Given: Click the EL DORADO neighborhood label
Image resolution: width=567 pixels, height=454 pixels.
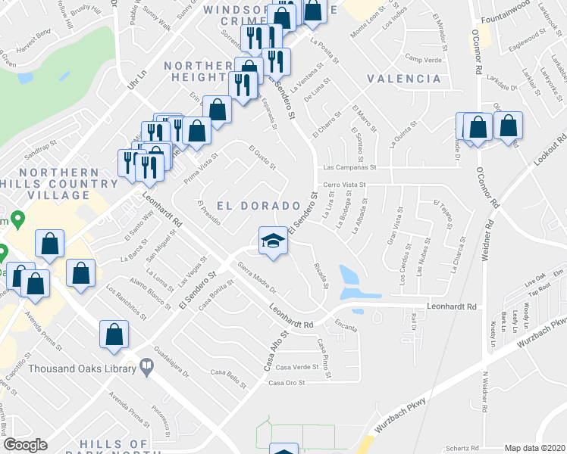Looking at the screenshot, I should [x=258, y=206].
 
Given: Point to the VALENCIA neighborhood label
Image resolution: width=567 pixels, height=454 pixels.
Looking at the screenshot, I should [x=403, y=79].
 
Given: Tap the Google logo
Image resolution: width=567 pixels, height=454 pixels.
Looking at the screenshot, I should [x=26, y=445].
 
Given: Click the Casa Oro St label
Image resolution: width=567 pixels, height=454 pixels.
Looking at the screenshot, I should [x=286, y=383].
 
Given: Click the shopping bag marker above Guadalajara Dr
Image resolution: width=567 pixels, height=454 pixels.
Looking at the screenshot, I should [x=114, y=334].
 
